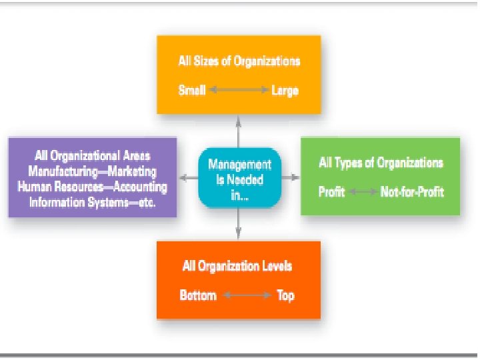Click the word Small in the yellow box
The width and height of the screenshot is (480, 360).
[192, 90]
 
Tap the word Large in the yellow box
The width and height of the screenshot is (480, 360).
[285, 90]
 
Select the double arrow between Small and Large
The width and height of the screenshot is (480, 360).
[238, 90]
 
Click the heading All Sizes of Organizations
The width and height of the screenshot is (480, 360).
[239, 61]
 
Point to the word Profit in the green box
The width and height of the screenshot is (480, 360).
[331, 192]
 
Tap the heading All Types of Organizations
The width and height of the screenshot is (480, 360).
[381, 163]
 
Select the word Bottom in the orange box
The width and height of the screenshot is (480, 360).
[198, 295]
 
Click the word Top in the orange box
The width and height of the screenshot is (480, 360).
[285, 295]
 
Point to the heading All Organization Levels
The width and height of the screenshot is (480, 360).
[237, 266]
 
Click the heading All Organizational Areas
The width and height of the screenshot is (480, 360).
[92, 157]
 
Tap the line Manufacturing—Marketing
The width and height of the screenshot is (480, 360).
[93, 172]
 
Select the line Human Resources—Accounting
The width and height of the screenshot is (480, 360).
[93, 187]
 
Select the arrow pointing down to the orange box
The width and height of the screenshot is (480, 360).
[238, 226]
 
